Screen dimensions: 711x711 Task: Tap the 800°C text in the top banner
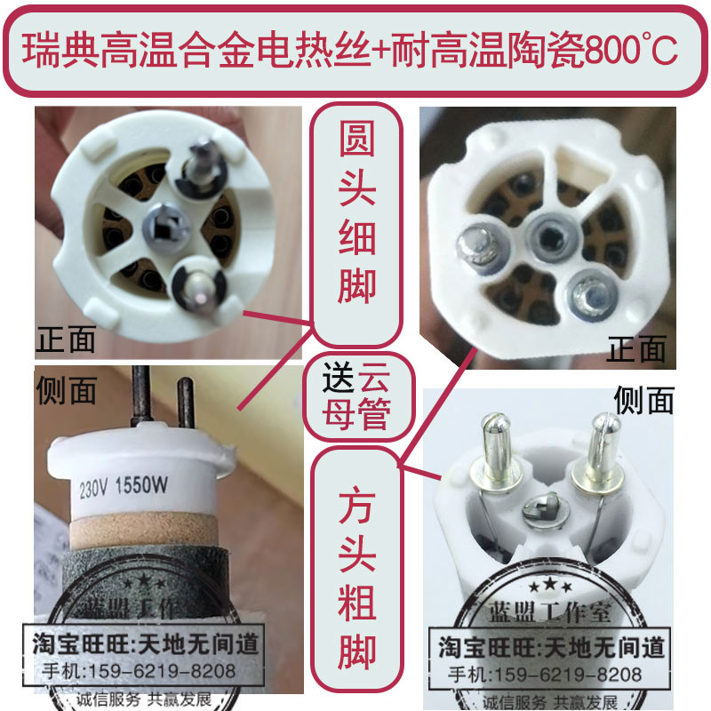pos(629,52)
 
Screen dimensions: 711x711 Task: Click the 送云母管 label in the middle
pos(357,397)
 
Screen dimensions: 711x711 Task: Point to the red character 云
pos(374,380)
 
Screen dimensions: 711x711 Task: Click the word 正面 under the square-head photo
pos(635,349)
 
